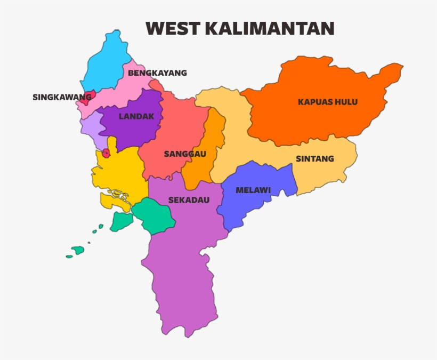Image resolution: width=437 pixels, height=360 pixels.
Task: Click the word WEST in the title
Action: coord(170,28)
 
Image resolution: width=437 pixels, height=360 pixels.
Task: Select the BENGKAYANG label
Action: coord(157,73)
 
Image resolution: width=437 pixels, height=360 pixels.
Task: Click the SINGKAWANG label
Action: coord(62,97)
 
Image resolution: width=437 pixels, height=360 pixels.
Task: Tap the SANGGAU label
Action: coord(184,154)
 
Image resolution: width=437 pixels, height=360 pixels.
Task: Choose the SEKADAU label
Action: coord(189,200)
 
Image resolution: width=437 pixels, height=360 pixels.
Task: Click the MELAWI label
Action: coord(253,190)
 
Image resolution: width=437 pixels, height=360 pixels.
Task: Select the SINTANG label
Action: coord(314,158)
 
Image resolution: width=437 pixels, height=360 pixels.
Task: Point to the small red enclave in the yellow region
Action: coord(106,154)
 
